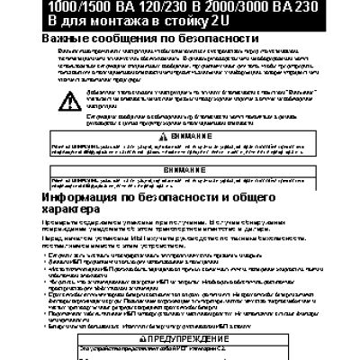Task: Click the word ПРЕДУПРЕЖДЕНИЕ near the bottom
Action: [184, 337]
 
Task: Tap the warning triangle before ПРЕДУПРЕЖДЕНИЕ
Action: [137, 337]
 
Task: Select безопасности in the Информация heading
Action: [202, 196]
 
